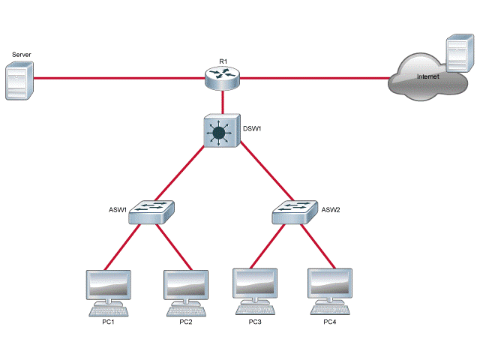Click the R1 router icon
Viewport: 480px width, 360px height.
point(223,76)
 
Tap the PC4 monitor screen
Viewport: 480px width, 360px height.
point(330,284)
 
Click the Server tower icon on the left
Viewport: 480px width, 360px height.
point(19,82)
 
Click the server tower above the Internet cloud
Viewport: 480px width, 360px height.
point(457,54)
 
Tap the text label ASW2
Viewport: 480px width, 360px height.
point(331,210)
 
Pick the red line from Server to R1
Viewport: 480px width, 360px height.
point(120,76)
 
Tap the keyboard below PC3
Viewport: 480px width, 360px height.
point(256,309)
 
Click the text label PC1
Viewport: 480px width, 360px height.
point(108,322)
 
